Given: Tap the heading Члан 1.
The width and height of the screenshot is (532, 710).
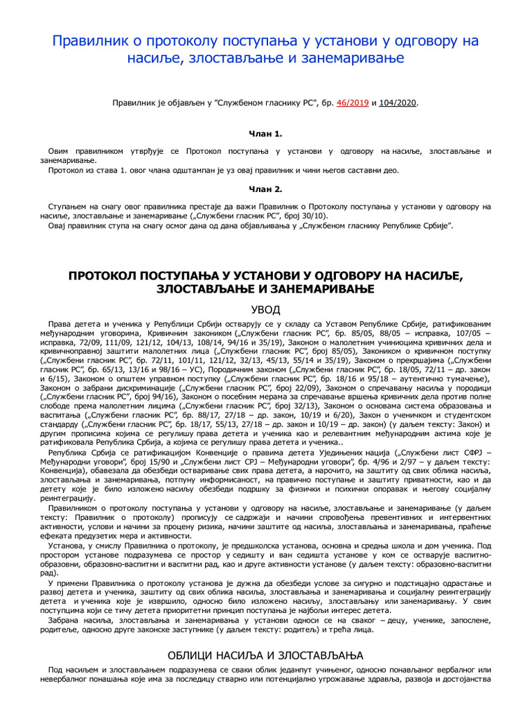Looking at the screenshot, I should point(266,133).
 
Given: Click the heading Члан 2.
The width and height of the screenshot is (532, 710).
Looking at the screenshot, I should point(266,188).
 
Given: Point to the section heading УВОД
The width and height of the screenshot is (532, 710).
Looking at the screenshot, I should point(266,309).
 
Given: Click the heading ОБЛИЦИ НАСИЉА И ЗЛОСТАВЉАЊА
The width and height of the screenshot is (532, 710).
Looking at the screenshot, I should point(266,655).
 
